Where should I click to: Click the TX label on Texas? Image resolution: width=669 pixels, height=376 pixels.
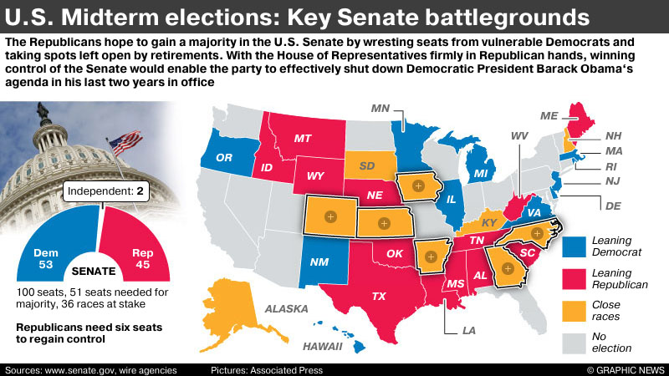coord(379,296)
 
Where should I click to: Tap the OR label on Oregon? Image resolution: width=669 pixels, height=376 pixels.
coord(223,158)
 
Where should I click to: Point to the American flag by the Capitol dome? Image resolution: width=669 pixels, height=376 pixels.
coord(125,142)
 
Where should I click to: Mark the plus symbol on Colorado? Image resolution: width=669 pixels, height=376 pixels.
coord(329,217)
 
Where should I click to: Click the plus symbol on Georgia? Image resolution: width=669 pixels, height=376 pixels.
coord(506,268)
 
